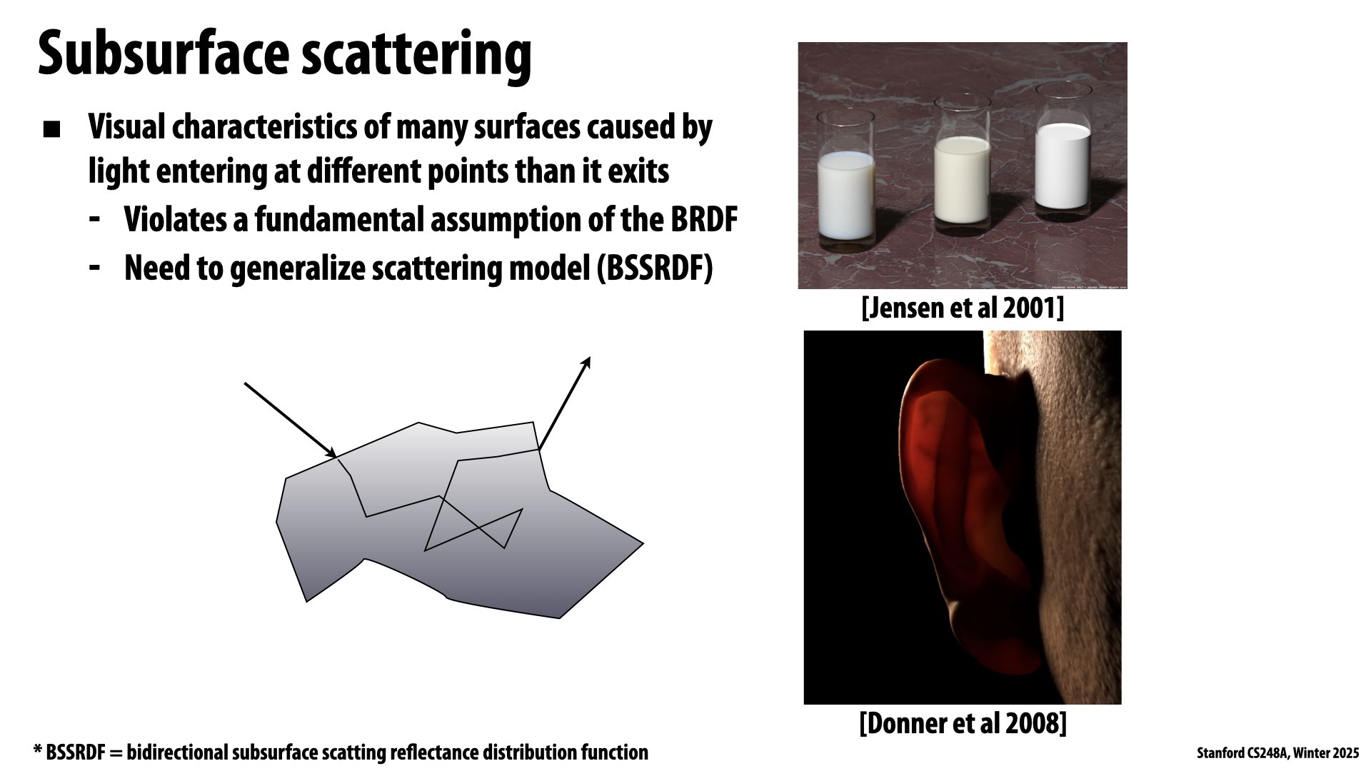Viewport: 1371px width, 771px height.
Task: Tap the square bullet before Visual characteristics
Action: (51, 130)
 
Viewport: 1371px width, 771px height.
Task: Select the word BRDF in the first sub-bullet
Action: (703, 220)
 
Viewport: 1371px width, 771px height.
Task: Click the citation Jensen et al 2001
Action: (963, 308)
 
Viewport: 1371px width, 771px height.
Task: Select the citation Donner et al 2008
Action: (963, 723)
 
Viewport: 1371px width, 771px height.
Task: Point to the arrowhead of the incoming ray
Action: (332, 454)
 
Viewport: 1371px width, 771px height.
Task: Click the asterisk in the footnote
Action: (37, 752)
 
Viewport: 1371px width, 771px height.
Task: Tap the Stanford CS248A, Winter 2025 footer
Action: (1277, 753)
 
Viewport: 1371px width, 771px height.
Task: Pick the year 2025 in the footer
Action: (1345, 753)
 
